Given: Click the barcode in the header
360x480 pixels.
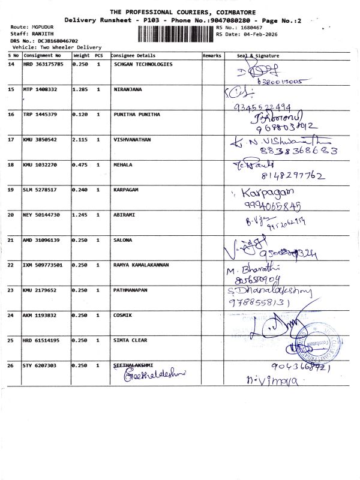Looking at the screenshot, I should (x=176, y=33).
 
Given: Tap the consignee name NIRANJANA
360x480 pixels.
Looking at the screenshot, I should (x=128, y=89).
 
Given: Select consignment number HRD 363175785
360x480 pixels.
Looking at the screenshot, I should (x=43, y=64).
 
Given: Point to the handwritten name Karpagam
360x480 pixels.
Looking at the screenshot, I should (x=268, y=193).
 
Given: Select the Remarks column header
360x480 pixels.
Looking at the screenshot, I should (x=212, y=55).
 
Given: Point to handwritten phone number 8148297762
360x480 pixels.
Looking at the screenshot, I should (x=293, y=176).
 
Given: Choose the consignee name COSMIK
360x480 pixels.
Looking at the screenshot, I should (x=123, y=315).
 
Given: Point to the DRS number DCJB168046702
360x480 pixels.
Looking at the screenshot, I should (x=58, y=40).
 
